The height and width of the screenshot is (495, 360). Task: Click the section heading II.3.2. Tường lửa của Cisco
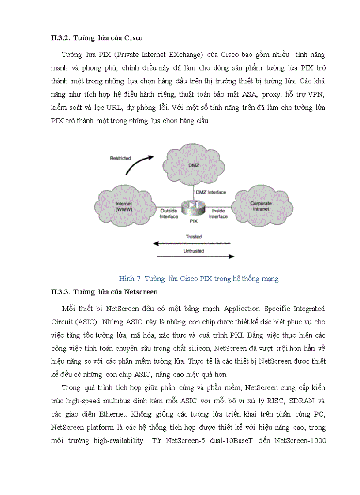pyautogui.click(x=97, y=38)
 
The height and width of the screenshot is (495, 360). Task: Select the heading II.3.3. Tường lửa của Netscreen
pyautogui.click(x=104, y=292)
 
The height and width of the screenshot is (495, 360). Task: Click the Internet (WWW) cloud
pyautogui.click(x=124, y=206)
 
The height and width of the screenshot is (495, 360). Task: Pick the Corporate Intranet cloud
pyautogui.click(x=261, y=206)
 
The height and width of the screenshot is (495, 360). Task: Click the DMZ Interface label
pyautogui.click(x=211, y=192)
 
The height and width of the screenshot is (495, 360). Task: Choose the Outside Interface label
pyautogui.click(x=169, y=214)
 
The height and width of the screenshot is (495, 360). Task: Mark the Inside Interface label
pyautogui.click(x=218, y=214)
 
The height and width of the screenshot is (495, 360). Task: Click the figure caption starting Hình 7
pyautogui.click(x=199, y=279)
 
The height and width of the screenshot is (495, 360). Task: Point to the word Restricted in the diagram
pyautogui.click(x=120, y=158)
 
